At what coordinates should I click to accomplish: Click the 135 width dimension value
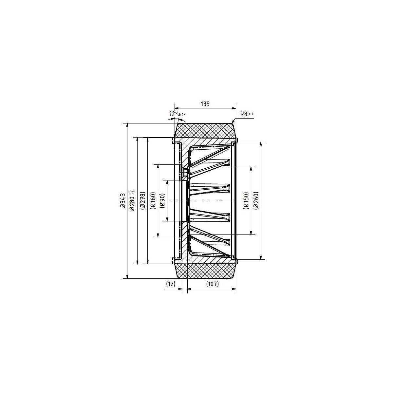[x=205, y=104]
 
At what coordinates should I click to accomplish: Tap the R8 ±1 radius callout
[x=247, y=114]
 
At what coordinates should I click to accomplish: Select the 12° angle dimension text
[x=173, y=114]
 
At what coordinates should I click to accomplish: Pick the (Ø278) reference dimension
[x=142, y=201]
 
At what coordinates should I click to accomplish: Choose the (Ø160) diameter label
[x=153, y=201]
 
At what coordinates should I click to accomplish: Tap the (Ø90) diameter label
[x=162, y=201]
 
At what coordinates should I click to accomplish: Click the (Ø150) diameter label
[x=246, y=201]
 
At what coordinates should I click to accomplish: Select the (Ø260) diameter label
[x=256, y=201]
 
